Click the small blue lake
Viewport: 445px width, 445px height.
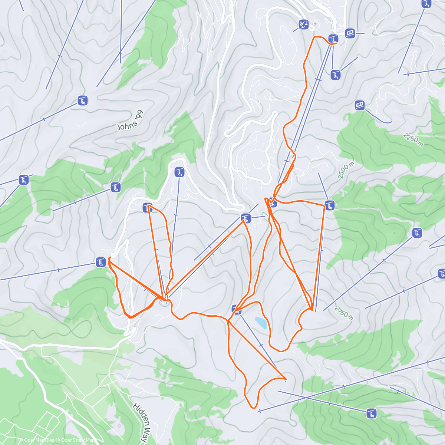(x=261, y=323)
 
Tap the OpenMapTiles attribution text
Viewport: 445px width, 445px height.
(x=37, y=440)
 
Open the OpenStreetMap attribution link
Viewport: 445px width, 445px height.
(x=76, y=440)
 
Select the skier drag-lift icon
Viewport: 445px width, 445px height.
(x=304, y=25)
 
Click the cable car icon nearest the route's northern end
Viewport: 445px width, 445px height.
(x=350, y=33)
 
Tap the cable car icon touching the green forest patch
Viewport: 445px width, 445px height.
(x=359, y=105)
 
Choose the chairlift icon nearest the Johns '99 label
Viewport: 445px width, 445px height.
(x=82, y=100)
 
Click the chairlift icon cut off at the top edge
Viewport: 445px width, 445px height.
(x=426, y=4)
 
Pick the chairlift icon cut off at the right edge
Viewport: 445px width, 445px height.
(x=442, y=274)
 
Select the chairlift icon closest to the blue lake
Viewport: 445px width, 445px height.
(x=235, y=309)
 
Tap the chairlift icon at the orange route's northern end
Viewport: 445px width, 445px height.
(x=333, y=39)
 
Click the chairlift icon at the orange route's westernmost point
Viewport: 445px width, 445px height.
(x=100, y=262)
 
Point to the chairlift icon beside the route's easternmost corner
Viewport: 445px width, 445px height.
(x=330, y=205)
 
